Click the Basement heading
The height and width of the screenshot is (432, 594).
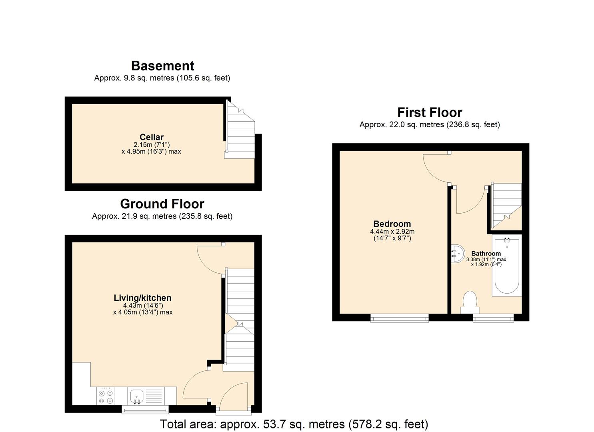[162, 66]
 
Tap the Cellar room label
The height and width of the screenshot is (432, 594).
[152, 137]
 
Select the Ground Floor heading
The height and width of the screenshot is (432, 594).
[162, 204]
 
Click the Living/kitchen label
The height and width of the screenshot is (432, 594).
[142, 298]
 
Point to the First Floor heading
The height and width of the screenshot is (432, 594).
[430, 112]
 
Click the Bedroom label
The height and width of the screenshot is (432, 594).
[392, 224]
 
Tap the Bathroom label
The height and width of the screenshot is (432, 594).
[486, 254]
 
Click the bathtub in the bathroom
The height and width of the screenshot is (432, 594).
[507, 266]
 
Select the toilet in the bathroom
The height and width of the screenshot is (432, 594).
[470, 302]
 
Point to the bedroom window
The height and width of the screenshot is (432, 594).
[400, 318]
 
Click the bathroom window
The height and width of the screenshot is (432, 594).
[493, 318]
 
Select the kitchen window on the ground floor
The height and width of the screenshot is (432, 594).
[145, 409]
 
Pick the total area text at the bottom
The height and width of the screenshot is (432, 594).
[294, 424]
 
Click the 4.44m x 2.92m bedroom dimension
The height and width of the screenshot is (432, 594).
[392, 232]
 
